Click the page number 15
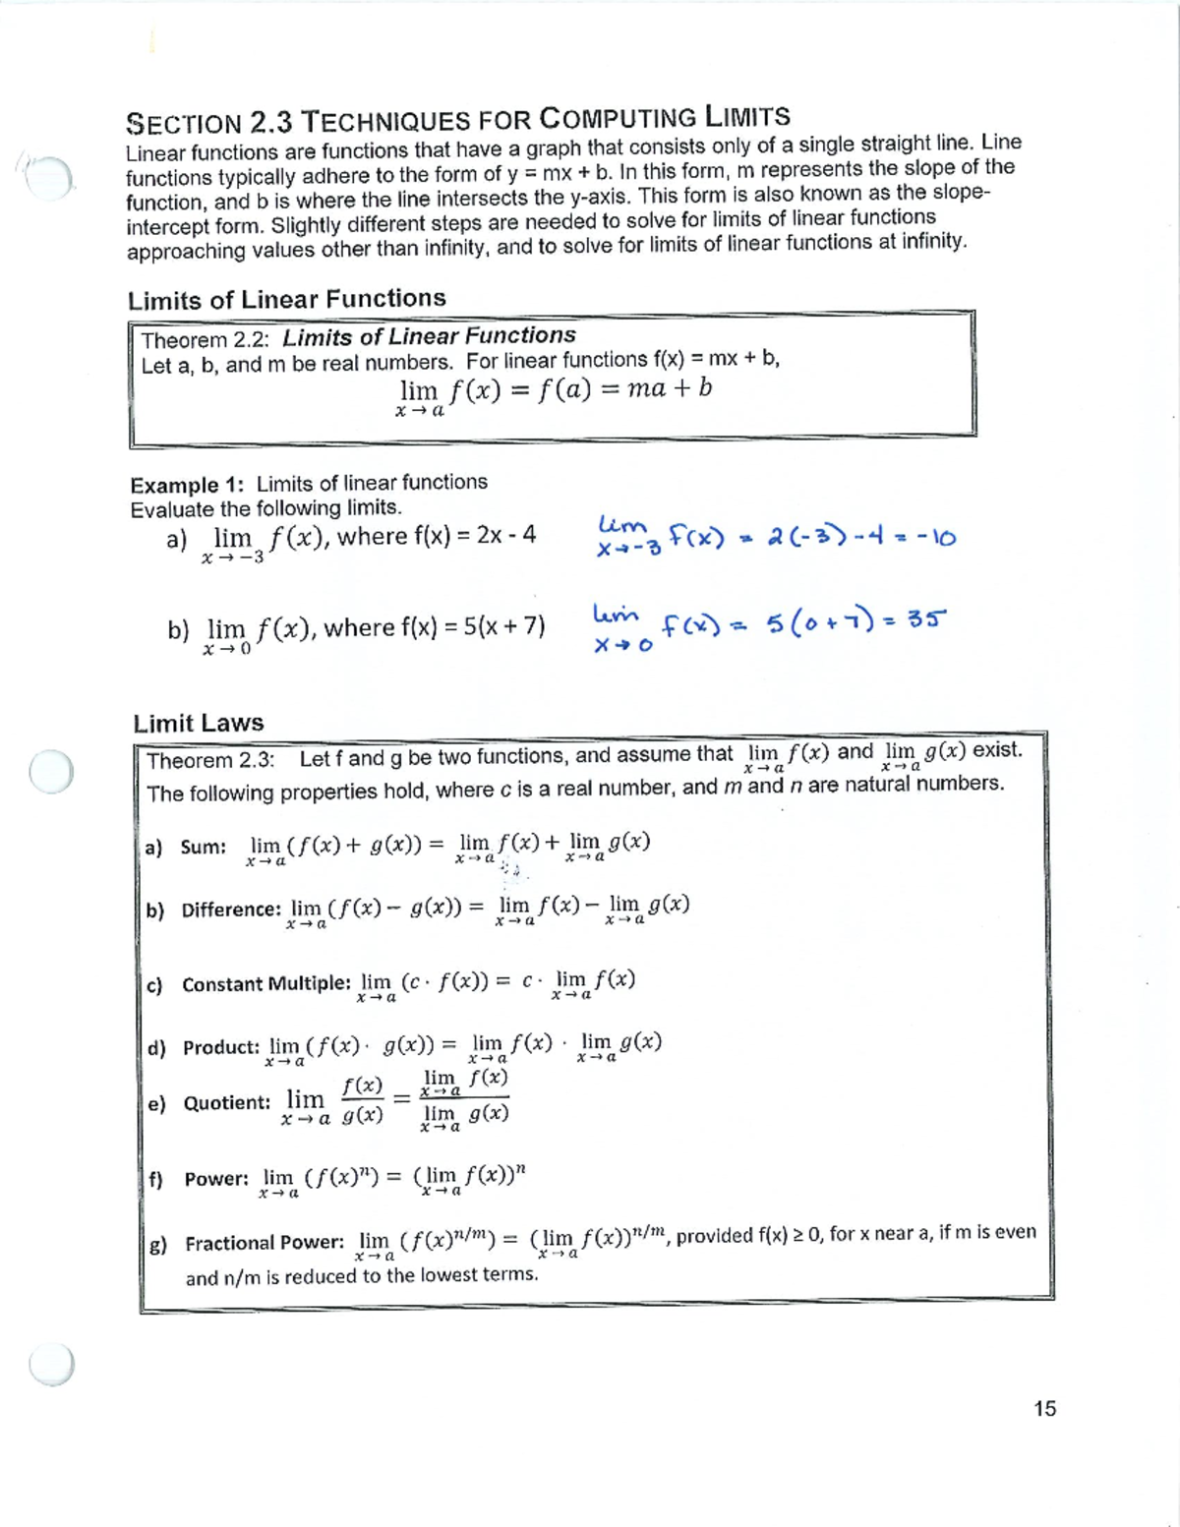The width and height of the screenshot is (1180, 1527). [x=1044, y=1409]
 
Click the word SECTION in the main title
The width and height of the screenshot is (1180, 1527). [x=184, y=124]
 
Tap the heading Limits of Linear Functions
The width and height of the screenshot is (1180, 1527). [x=286, y=299]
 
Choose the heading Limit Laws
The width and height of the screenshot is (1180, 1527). [x=199, y=723]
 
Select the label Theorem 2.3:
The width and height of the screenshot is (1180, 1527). [x=210, y=761]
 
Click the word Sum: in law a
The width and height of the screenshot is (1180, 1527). [x=204, y=847]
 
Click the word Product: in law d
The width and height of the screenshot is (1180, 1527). [x=221, y=1047]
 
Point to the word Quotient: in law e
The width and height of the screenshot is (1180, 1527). [x=227, y=1102]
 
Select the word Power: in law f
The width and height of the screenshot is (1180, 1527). [x=216, y=1178]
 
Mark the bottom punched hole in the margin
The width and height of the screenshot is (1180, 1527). [x=51, y=1363]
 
